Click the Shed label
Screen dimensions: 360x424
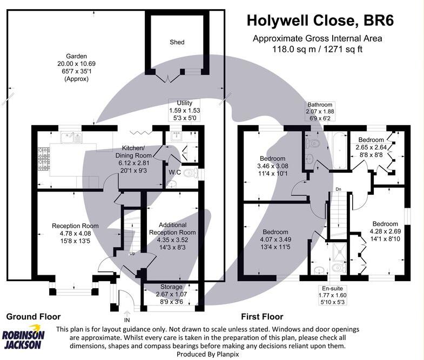pyautogui.click(x=177, y=42)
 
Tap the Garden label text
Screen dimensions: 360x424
pyautogui.click(x=76, y=56)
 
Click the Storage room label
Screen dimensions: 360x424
pyautogui.click(x=171, y=287)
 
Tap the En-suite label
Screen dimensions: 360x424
pyautogui.click(x=333, y=288)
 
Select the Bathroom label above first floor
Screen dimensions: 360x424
pyautogui.click(x=320, y=105)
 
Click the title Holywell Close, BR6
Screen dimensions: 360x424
pyautogui.click(x=320, y=21)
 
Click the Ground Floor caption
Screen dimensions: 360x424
pyautogui.click(x=33, y=317)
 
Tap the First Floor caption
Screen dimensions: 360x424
pyautogui.click(x=263, y=317)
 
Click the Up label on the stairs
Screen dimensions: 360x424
pyautogui.click(x=131, y=253)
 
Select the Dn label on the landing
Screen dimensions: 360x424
pyautogui.click(x=338, y=189)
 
